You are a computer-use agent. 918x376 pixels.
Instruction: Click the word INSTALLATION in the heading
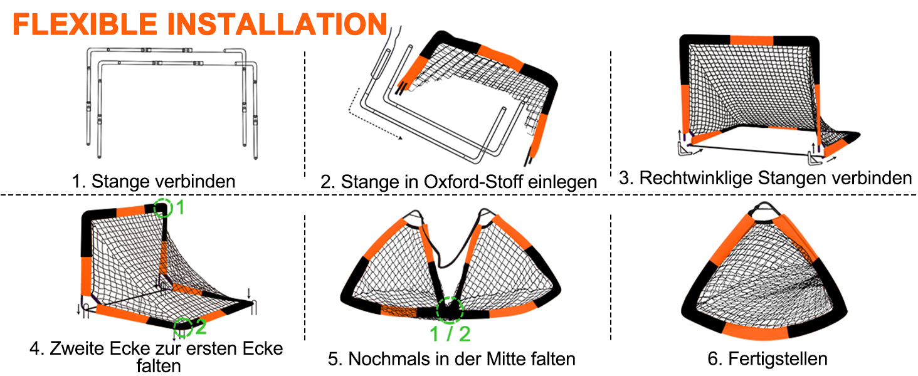[x=277, y=24]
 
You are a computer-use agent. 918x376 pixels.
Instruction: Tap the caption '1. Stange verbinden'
[x=153, y=181]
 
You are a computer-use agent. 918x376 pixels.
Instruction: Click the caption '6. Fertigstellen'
[x=767, y=359]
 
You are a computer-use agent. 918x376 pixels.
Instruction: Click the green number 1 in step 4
[x=180, y=207]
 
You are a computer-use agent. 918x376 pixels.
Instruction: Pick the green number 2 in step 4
[x=201, y=326]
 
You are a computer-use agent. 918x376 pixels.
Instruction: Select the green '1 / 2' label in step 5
[x=450, y=334]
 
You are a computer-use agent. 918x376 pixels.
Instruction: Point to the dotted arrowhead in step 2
[x=400, y=138]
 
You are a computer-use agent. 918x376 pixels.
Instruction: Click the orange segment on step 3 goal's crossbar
[x=751, y=40]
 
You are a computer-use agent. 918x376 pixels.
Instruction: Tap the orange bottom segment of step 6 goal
[x=755, y=331]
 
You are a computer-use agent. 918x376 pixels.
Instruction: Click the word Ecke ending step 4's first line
[x=263, y=348]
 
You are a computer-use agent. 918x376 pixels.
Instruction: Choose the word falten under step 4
[x=159, y=366]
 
